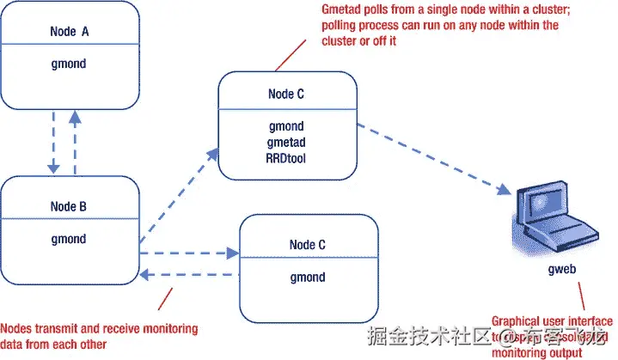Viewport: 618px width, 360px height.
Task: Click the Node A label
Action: pos(71,32)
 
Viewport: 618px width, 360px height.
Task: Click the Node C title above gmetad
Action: pos(287,95)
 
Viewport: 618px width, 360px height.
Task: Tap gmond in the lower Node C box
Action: pos(309,278)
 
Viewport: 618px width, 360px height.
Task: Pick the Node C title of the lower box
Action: pos(309,245)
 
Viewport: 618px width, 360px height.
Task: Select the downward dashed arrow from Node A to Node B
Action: pos(53,143)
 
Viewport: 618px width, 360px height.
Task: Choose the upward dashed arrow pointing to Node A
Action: pos(75,142)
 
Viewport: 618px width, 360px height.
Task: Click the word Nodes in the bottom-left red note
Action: pos(18,329)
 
